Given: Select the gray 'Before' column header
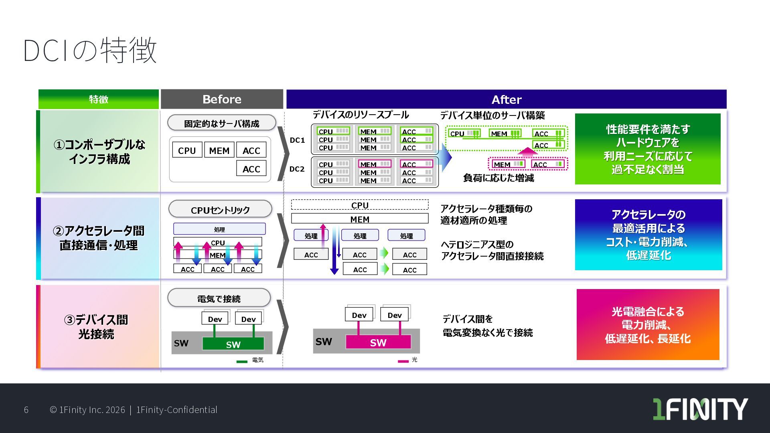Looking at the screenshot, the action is point(222,99).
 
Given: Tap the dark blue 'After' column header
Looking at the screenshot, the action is point(506,99).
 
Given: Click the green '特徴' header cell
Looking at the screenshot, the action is point(99,99).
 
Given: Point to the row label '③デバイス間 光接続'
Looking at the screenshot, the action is point(96,327).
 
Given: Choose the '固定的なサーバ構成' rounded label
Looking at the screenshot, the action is point(221,123).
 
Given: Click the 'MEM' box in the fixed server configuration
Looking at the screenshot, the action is point(219,150).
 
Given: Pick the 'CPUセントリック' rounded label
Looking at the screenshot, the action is point(220,210).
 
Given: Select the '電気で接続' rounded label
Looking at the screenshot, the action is point(219,299).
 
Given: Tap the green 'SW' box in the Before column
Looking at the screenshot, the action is point(233,344).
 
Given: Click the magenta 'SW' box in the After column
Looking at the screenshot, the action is point(378,342).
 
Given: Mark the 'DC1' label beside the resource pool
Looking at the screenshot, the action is point(297,140).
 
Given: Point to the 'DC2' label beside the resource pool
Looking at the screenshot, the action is point(297,169).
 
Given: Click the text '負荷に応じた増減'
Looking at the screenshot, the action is point(498,178).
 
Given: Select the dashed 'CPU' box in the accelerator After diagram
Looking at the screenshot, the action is point(360,205).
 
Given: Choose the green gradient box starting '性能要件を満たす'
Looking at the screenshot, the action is point(647,149).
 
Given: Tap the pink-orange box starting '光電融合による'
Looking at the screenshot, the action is point(647,325).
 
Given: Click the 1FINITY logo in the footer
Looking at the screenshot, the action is point(700,409).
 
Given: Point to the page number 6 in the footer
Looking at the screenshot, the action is point(26,410).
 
